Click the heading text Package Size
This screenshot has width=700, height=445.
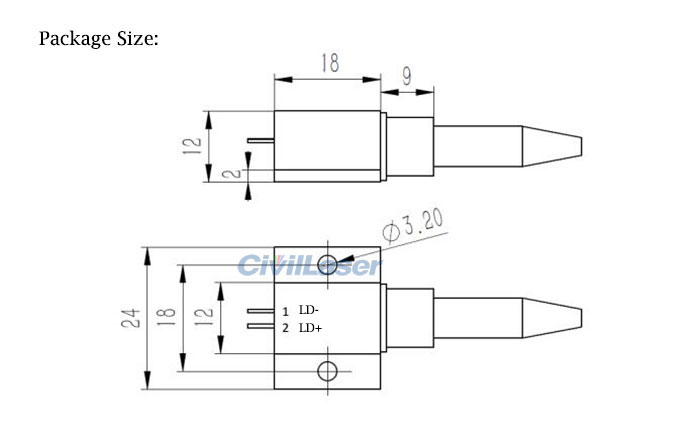(x=98, y=39)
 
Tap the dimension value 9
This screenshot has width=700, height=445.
(x=409, y=75)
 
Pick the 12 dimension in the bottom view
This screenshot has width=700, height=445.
(x=201, y=318)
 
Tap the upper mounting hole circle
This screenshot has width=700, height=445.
(x=327, y=263)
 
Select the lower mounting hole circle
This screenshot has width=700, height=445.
(x=327, y=373)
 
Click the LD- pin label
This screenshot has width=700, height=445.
(x=309, y=311)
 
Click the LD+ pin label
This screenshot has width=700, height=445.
(x=310, y=328)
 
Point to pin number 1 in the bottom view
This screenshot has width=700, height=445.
(x=285, y=312)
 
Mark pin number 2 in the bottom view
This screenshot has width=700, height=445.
(x=285, y=328)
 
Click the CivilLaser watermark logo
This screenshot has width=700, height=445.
(x=309, y=266)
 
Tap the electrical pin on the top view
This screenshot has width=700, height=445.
(x=262, y=142)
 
